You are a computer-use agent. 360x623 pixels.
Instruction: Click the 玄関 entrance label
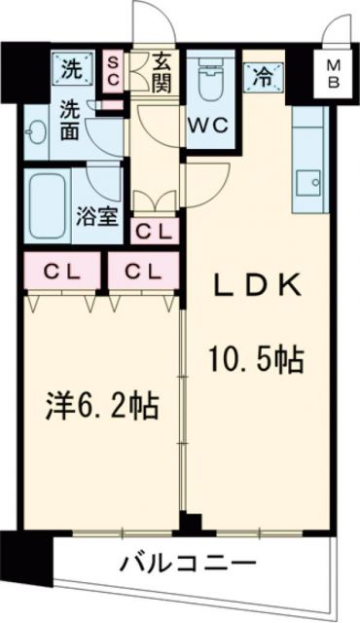(x=161, y=73)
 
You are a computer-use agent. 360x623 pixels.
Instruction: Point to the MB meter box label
(x=334, y=73)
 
